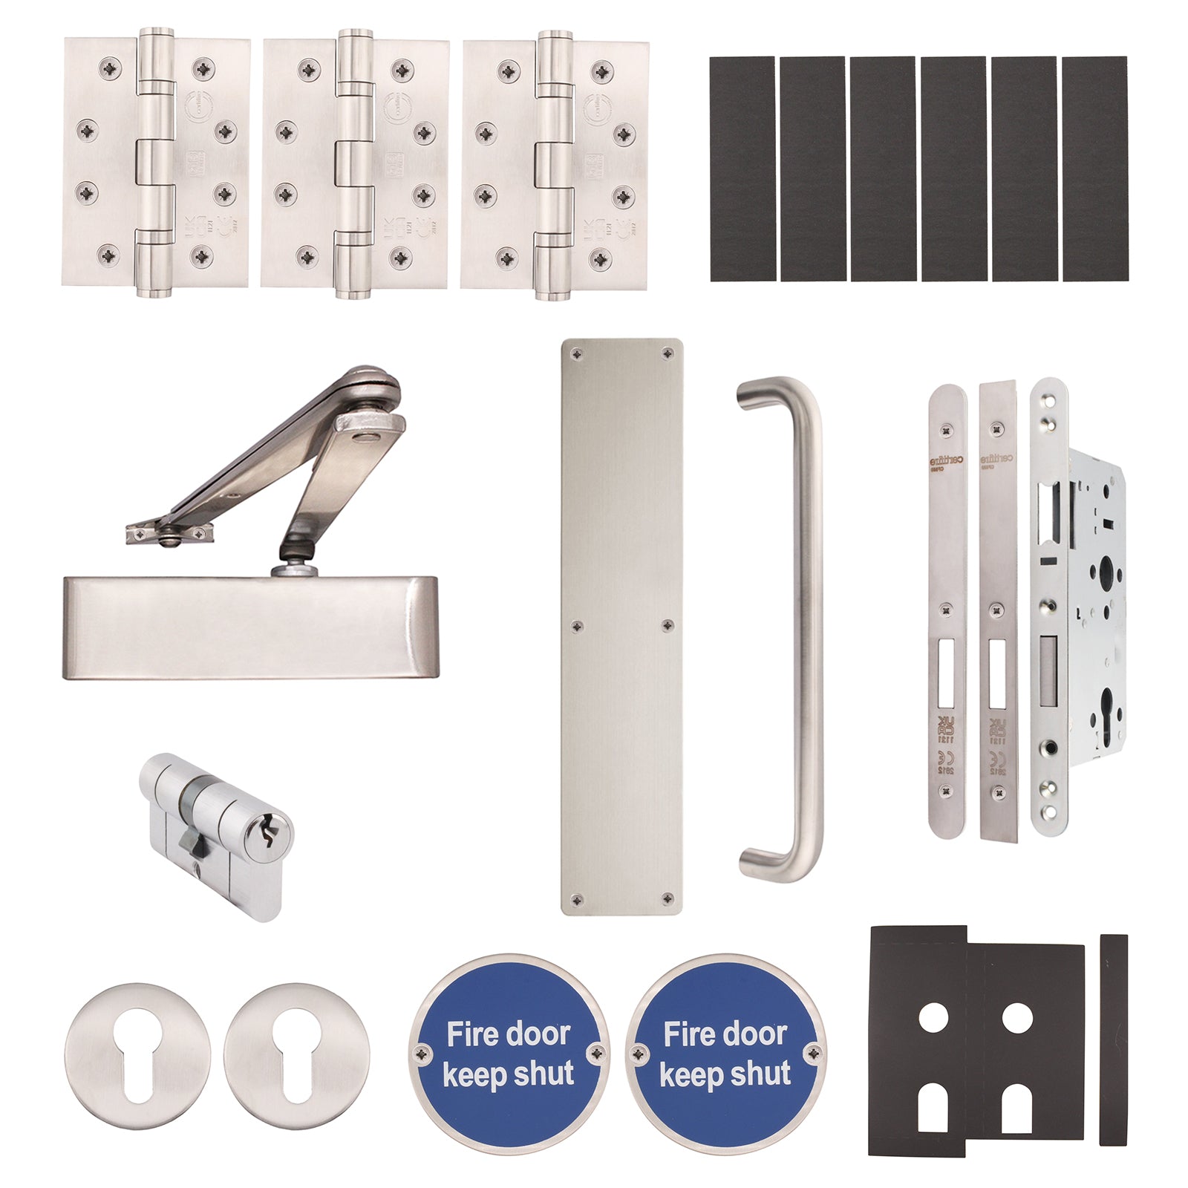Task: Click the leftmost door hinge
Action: pos(157,163)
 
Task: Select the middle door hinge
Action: pos(355,163)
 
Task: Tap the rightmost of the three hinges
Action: pos(554,163)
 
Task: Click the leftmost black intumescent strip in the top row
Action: pos(742,169)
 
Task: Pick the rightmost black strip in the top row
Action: pos(1094,169)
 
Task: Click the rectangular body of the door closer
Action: pos(250,627)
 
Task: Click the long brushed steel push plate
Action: pos(621,627)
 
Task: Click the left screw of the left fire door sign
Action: pos(423,1051)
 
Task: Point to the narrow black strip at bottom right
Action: pos(1113,1039)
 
